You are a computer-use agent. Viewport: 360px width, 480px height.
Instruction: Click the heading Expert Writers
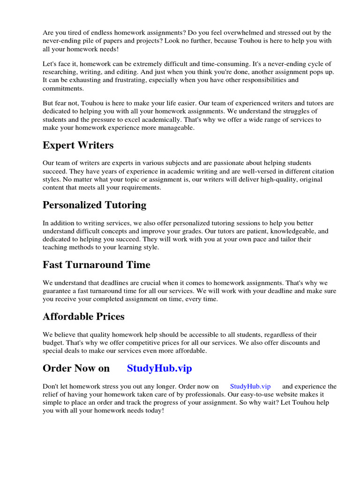[x=78, y=145]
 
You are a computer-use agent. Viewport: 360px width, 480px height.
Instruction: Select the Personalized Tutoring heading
[x=94, y=205]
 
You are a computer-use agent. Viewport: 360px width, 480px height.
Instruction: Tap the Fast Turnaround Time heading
[x=96, y=264]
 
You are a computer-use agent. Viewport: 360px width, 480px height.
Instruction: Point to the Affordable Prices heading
[x=83, y=316]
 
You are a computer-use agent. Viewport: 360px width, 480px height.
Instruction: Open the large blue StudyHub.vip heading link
[x=159, y=368]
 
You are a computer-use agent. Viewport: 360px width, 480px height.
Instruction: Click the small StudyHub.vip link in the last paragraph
[x=250, y=386]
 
